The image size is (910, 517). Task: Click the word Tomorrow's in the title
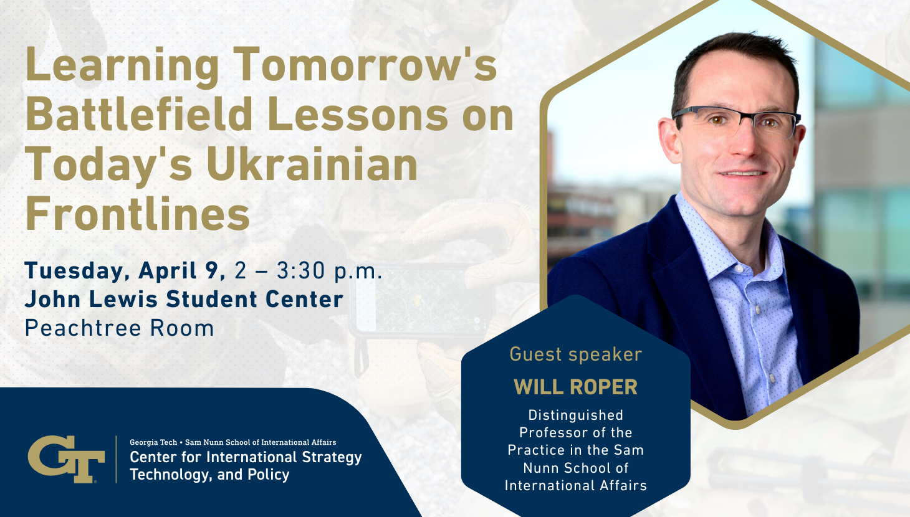[x=366, y=65]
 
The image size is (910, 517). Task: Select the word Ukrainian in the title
[x=312, y=164]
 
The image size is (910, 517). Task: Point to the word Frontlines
[x=138, y=213]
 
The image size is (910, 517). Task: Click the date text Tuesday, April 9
[x=125, y=272]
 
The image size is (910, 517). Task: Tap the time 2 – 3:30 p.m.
[x=309, y=272]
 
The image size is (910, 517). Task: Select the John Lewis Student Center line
[x=184, y=300]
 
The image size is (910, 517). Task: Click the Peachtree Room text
[x=120, y=328]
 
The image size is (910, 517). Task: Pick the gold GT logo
[x=66, y=459]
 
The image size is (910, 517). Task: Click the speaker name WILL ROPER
[x=576, y=387]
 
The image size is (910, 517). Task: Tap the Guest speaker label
[x=576, y=354]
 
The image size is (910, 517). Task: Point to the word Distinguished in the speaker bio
[x=576, y=415]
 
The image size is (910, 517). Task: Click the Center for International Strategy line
[x=246, y=457]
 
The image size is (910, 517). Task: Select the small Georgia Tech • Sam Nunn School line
[x=232, y=442]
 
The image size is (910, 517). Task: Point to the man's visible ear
[x=669, y=140]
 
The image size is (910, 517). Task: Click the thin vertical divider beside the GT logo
[x=116, y=459]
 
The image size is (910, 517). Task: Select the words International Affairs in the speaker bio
[x=576, y=486]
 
